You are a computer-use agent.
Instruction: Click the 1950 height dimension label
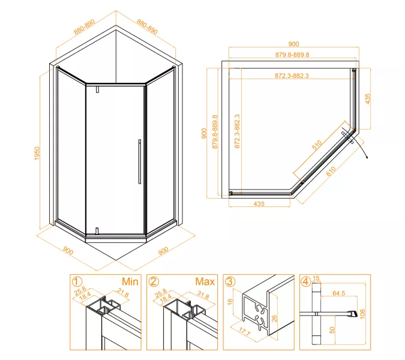[x=37, y=153]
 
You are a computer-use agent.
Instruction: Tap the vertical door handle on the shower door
[x=140, y=161]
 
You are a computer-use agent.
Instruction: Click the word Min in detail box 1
[x=130, y=281]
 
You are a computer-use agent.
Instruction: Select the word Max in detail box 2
[x=205, y=281]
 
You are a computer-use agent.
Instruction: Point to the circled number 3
[x=230, y=281]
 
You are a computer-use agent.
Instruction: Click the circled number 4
[x=306, y=281]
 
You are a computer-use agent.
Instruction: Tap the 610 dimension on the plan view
[x=331, y=171]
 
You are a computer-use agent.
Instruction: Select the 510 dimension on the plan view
[x=317, y=145]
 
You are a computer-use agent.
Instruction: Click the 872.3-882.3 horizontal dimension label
[x=292, y=76]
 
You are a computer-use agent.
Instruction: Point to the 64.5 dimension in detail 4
[x=339, y=293]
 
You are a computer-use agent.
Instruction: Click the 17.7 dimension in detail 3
[x=244, y=332]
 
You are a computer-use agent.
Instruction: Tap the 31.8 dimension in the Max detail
[x=203, y=295]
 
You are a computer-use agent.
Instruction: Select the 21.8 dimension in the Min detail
[x=122, y=293]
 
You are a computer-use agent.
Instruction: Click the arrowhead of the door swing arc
[x=367, y=157]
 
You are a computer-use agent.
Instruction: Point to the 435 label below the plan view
[x=259, y=204]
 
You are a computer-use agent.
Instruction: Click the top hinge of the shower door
[x=97, y=89]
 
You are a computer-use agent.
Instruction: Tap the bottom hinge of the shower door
[x=97, y=230]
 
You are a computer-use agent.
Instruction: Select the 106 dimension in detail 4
[x=362, y=314]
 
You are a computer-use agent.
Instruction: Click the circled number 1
[x=77, y=281]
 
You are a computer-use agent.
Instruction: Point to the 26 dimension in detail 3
[x=274, y=318]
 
